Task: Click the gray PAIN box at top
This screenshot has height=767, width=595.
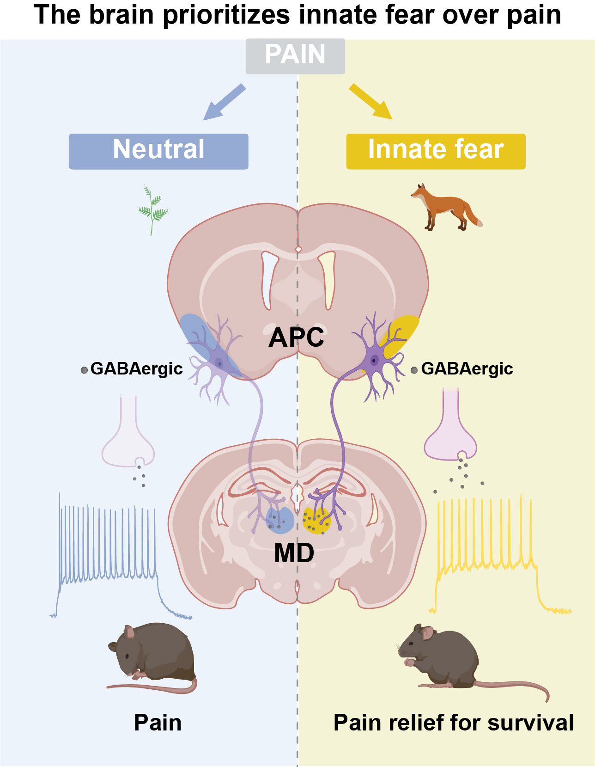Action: pos(295,56)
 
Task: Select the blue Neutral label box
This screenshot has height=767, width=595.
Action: pos(158,151)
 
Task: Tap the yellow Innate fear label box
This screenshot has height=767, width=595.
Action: pos(436,151)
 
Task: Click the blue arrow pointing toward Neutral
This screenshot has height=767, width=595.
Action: pos(225,102)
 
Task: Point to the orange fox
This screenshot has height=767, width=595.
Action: pos(445,208)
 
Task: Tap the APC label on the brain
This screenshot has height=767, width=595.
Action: pos(296,337)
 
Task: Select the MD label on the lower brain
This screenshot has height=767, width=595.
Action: pos(294,552)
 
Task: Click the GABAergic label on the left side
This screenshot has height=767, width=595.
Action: pos(136,368)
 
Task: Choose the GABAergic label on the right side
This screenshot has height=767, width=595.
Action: pos(467,368)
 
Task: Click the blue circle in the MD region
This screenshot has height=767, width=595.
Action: pos(280,520)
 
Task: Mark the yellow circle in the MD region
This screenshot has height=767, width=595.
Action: pos(316,521)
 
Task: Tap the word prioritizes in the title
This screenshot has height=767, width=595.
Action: pos(226,15)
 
